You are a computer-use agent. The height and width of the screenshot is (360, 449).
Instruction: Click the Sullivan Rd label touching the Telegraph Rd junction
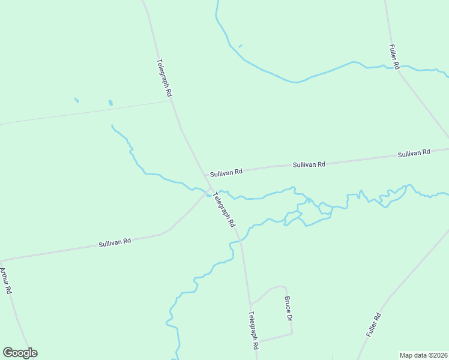[226, 172]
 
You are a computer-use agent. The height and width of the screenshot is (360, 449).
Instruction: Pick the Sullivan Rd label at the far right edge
[414, 154]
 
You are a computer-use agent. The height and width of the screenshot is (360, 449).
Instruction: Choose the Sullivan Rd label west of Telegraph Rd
[115, 242]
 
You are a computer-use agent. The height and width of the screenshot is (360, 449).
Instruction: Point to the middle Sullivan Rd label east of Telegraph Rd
[309, 164]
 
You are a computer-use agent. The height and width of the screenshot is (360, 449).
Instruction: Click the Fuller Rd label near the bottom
[373, 325]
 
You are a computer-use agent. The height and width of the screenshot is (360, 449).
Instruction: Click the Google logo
[20, 353]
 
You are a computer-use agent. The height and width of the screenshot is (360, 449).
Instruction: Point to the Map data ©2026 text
[423, 355]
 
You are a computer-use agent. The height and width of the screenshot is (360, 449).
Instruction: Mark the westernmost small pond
[76, 100]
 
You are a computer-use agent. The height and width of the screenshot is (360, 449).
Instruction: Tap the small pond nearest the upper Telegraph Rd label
[110, 103]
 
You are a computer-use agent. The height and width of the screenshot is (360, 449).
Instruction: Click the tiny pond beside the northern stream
[240, 46]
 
